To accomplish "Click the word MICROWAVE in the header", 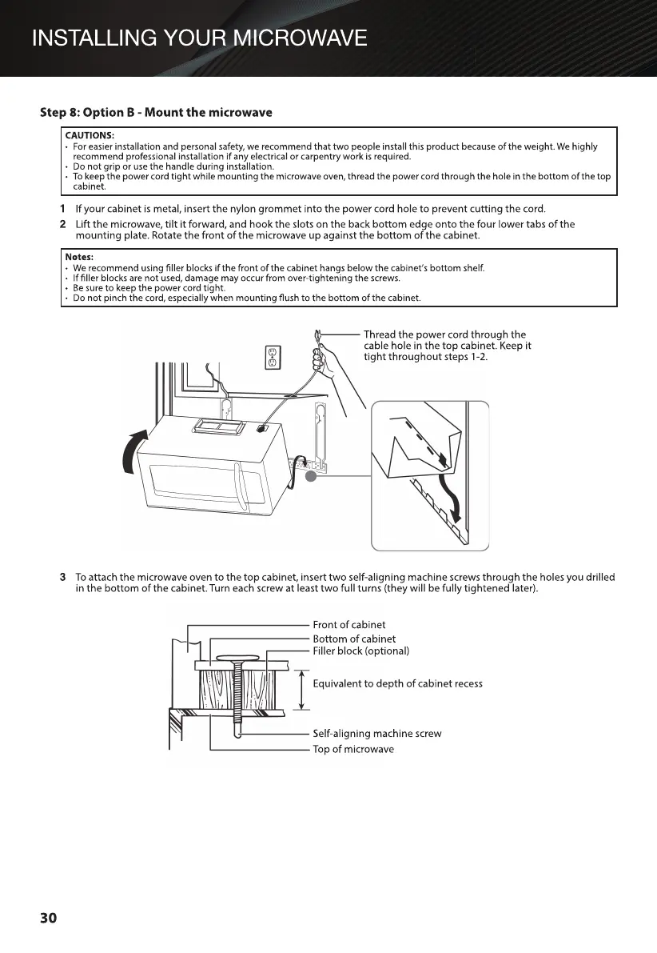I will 297,38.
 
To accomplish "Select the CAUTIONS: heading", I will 90,134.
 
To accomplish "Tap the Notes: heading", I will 79,256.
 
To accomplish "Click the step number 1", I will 63,209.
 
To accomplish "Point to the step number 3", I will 63,577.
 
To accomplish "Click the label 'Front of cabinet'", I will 348,625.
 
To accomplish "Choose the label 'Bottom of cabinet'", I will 353,639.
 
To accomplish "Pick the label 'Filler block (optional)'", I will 360,651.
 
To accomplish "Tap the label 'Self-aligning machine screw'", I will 376,733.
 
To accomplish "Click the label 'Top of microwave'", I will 352,749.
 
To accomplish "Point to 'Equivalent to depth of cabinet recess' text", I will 397,683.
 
